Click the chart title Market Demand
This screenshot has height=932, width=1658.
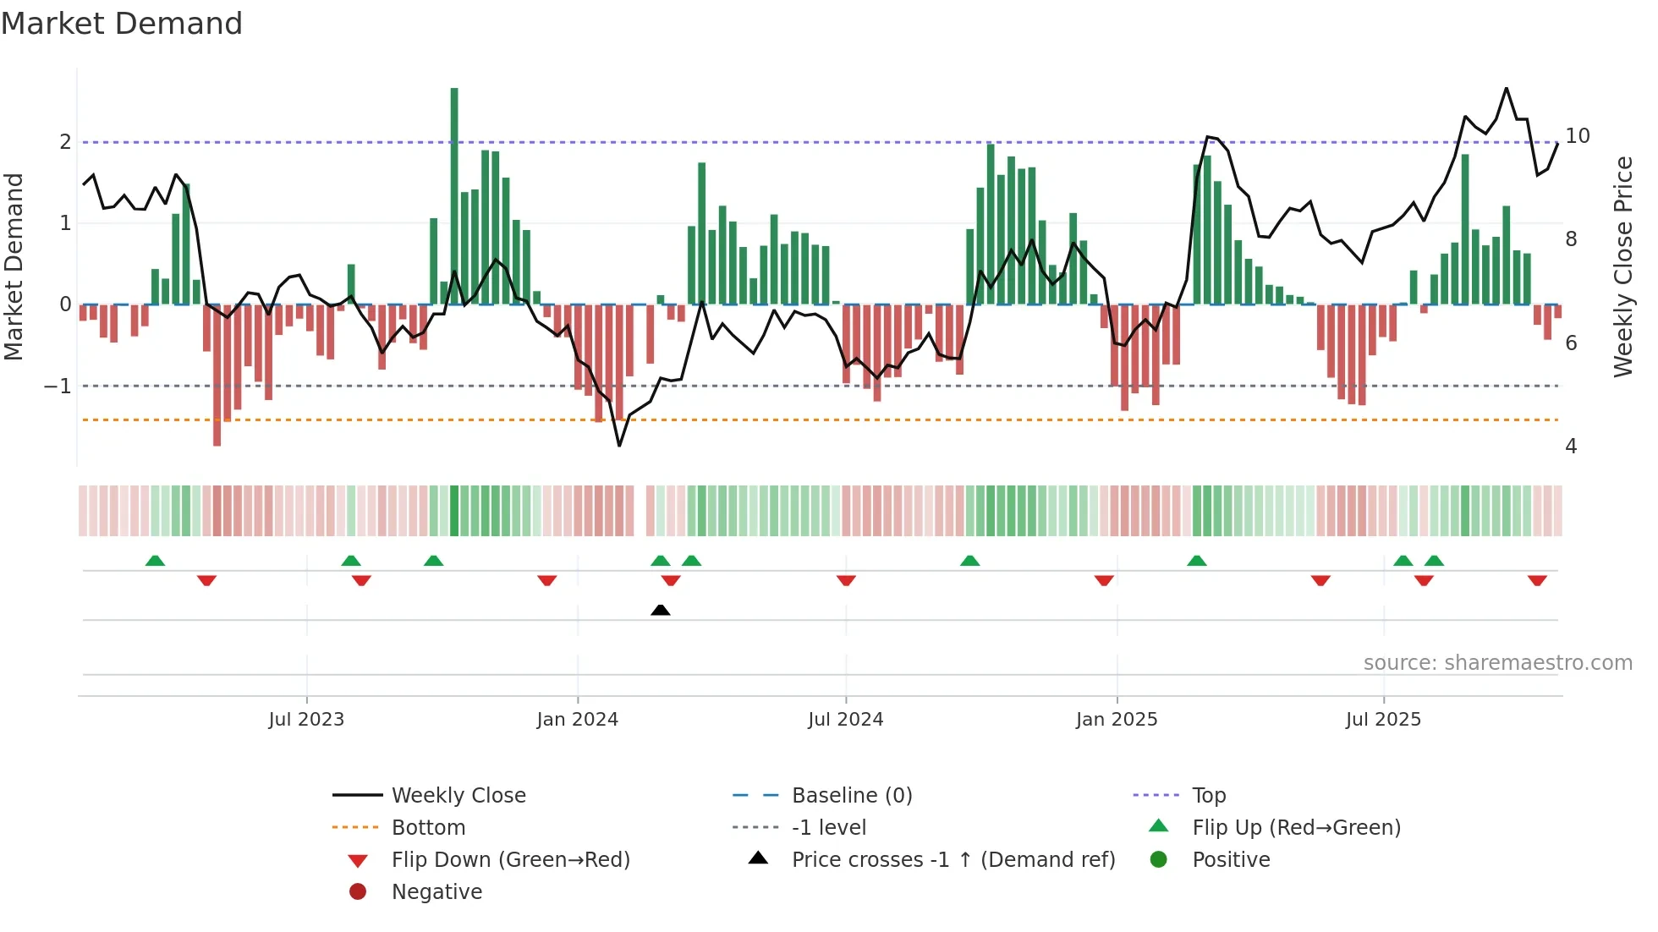(x=122, y=24)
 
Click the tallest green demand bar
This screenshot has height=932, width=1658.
(x=454, y=195)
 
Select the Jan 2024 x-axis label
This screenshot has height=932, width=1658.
(x=577, y=720)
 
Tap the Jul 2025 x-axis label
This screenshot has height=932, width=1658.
(x=1383, y=720)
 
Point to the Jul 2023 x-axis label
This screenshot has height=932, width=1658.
(x=306, y=720)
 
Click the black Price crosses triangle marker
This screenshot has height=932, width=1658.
(x=661, y=610)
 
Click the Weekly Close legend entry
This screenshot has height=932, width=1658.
(x=458, y=796)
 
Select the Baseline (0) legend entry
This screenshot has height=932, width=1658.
(x=851, y=796)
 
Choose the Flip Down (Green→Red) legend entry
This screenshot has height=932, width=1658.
(x=510, y=860)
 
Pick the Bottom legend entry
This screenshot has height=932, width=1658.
(x=428, y=828)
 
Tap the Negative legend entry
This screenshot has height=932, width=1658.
(x=436, y=892)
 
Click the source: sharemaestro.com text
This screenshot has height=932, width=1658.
(x=1497, y=663)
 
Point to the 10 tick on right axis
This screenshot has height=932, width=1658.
(x=1577, y=136)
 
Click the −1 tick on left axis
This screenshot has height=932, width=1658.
(x=58, y=387)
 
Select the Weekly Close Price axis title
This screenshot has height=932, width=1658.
(x=1622, y=266)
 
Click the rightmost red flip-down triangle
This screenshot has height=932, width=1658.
(x=1537, y=581)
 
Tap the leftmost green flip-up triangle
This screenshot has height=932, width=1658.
(x=155, y=561)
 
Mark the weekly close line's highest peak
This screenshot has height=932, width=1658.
(x=1506, y=88)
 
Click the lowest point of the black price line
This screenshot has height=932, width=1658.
(x=619, y=446)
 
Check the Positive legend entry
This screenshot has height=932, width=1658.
(x=1231, y=860)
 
